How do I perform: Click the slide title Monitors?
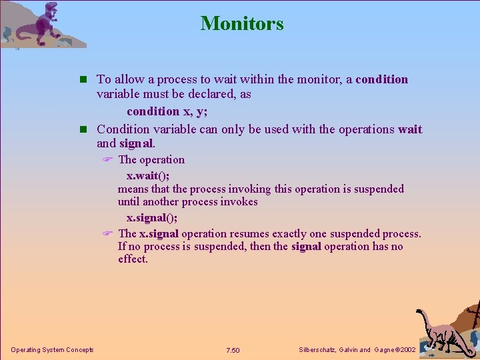click(242, 23)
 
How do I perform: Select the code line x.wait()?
click(148, 176)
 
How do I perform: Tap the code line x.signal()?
click(152, 218)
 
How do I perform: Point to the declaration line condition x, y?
click(167, 111)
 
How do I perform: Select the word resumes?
click(250, 234)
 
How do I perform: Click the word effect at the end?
click(132, 259)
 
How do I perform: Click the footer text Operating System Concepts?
click(52, 350)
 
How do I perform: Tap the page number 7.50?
click(233, 351)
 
